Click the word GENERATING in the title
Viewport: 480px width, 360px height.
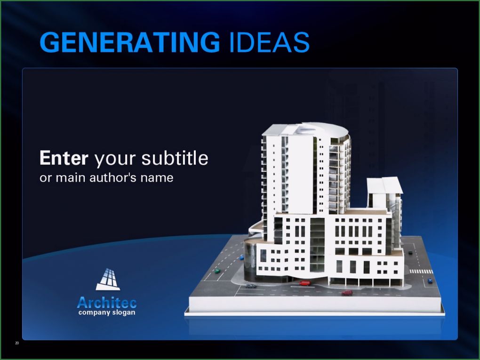(x=130, y=42)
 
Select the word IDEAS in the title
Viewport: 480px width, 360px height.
(x=269, y=42)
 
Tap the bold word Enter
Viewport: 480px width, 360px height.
(x=64, y=158)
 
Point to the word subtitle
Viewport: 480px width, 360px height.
(x=175, y=158)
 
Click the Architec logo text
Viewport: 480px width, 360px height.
(x=107, y=303)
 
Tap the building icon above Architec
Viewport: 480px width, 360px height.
(x=108, y=279)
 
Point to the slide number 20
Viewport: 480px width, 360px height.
(x=17, y=343)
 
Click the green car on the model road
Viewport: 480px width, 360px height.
(x=217, y=271)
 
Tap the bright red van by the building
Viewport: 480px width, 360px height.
(x=304, y=283)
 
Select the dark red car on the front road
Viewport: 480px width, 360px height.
(x=347, y=293)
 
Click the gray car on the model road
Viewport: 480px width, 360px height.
(x=251, y=286)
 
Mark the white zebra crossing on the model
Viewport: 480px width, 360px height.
(x=421, y=272)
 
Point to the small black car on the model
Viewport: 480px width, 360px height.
(x=410, y=252)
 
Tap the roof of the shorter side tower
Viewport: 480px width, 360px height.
(x=385, y=185)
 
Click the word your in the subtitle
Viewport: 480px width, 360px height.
(x=115, y=159)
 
